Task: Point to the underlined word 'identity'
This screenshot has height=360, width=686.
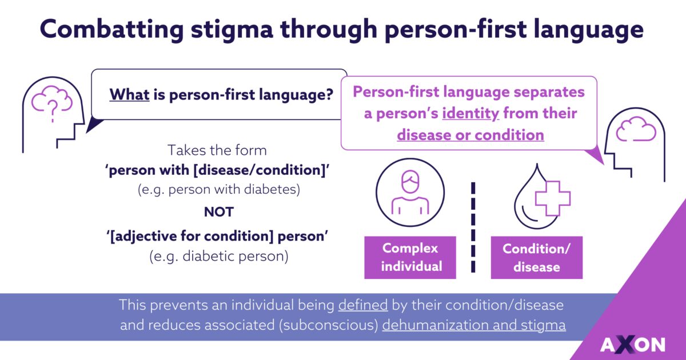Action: point(472,113)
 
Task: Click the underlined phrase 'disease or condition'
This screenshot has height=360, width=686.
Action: point(470,135)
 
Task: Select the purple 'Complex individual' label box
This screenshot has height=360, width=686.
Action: point(410,257)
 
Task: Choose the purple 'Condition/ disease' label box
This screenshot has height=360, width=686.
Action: point(536,257)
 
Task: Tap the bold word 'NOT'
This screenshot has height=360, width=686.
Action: point(219,212)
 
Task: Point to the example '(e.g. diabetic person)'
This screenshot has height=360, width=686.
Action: point(219,256)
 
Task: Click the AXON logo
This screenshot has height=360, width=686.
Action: point(632,344)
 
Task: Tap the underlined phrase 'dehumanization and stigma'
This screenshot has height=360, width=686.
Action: point(474,326)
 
